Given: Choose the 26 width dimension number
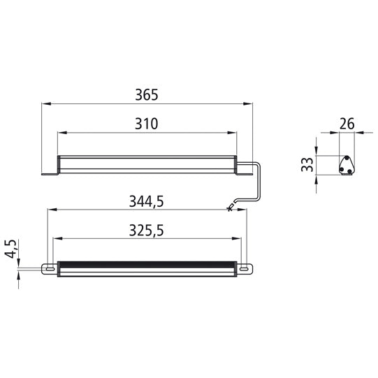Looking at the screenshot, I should pyautogui.click(x=346, y=124).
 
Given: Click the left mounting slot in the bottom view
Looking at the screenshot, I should pyautogui.click(x=49, y=268).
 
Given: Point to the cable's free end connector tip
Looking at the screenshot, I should pyautogui.click(x=228, y=208).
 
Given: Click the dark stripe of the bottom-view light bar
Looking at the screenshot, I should pyautogui.click(x=147, y=265).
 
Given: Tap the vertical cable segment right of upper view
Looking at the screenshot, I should pyautogui.click(x=261, y=181).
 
